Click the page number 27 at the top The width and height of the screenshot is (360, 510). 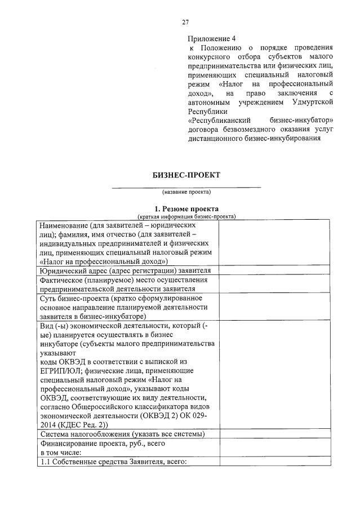point(185,22)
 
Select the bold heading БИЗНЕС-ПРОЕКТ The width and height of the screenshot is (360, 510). point(186,175)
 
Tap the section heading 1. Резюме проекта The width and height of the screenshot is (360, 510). point(186,209)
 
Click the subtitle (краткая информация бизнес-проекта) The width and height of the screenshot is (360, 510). point(186,216)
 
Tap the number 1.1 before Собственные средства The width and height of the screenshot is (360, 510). point(45,462)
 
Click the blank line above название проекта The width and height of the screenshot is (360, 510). point(186,187)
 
